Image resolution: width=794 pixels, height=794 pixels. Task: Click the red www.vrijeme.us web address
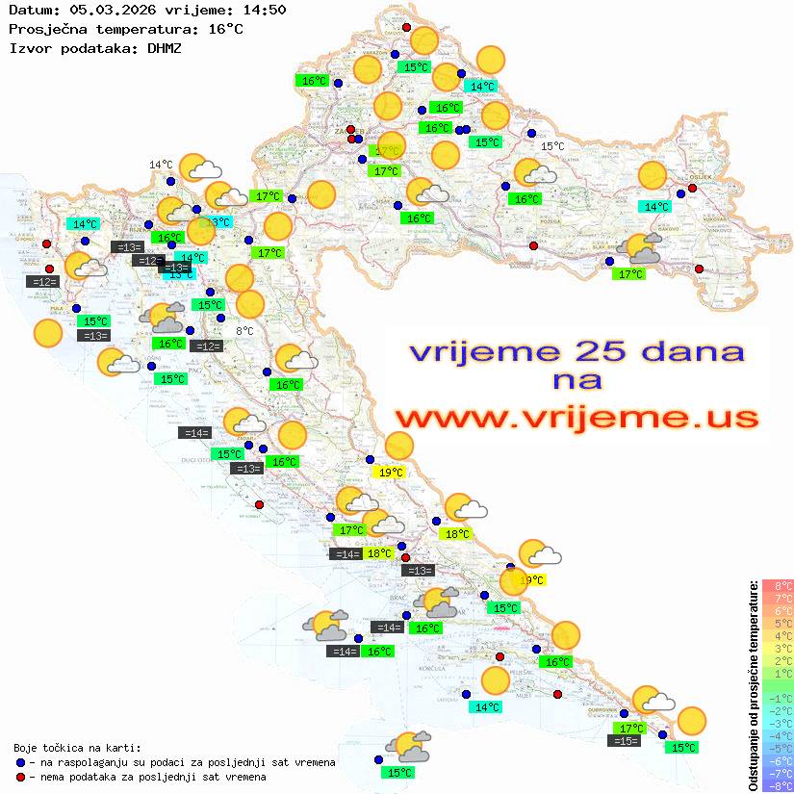point(576,418)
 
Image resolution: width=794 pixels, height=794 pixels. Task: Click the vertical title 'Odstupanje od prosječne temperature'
point(754,685)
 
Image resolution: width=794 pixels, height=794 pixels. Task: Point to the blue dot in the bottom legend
point(20,762)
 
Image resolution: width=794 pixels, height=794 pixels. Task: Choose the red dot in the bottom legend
point(20,777)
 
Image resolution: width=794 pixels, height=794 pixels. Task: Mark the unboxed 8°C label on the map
point(244,331)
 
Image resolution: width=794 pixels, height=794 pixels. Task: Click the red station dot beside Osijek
point(692,189)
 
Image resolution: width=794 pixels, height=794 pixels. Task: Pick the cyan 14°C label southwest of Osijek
point(656,206)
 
